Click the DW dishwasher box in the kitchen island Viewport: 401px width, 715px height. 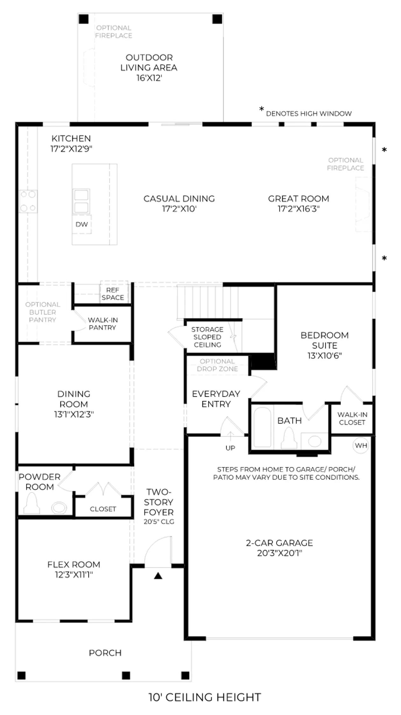tap(82, 224)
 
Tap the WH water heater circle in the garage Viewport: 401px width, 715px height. tap(361, 445)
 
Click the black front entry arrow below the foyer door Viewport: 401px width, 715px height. tap(158, 575)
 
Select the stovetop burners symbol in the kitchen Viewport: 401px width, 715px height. tap(28, 201)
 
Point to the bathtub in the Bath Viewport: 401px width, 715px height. tap(262, 427)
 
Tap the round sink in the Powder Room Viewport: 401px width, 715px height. tap(59, 507)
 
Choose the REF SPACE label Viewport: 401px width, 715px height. tap(113, 294)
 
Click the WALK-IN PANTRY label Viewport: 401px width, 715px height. tap(102, 323)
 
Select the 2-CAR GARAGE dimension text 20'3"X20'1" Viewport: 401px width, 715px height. tap(279, 553)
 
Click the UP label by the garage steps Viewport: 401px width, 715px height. tap(230, 448)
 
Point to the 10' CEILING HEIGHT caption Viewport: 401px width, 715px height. tap(205, 697)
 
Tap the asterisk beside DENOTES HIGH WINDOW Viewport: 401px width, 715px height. tap(262, 109)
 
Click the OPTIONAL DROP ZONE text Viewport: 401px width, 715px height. tap(217, 365)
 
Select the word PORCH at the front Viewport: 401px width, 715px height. tap(105, 653)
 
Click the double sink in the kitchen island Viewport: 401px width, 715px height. tap(81, 201)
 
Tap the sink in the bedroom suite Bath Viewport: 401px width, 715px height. tap(314, 441)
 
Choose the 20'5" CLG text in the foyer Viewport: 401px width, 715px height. tap(159, 521)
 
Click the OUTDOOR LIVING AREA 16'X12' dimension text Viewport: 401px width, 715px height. tap(149, 78)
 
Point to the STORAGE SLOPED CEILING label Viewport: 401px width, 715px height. tap(207, 337)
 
